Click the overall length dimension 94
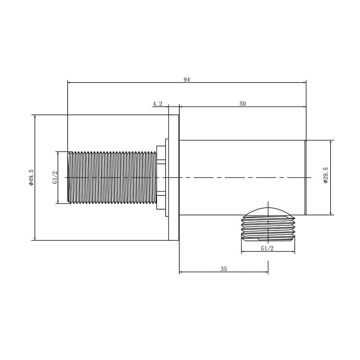[x=186, y=80]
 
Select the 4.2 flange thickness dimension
[x=157, y=104]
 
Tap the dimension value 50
[x=243, y=104]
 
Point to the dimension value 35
[x=224, y=269]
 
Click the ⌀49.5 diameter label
[x=31, y=177]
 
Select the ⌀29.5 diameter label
[x=326, y=175]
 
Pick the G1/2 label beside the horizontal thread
[x=55, y=177]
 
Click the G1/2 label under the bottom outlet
[x=267, y=248]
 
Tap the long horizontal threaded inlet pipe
[x=112, y=177]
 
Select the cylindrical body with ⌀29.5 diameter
[x=241, y=162]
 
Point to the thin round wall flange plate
[x=174, y=177]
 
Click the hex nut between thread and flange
[x=161, y=177]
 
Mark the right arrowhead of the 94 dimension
[x=304, y=82]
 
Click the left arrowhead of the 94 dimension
[x=69, y=82]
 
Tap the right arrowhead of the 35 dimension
[x=266, y=272]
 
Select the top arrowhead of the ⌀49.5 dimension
[x=35, y=117]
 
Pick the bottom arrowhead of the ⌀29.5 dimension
[x=331, y=213]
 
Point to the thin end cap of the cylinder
[x=305, y=177]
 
